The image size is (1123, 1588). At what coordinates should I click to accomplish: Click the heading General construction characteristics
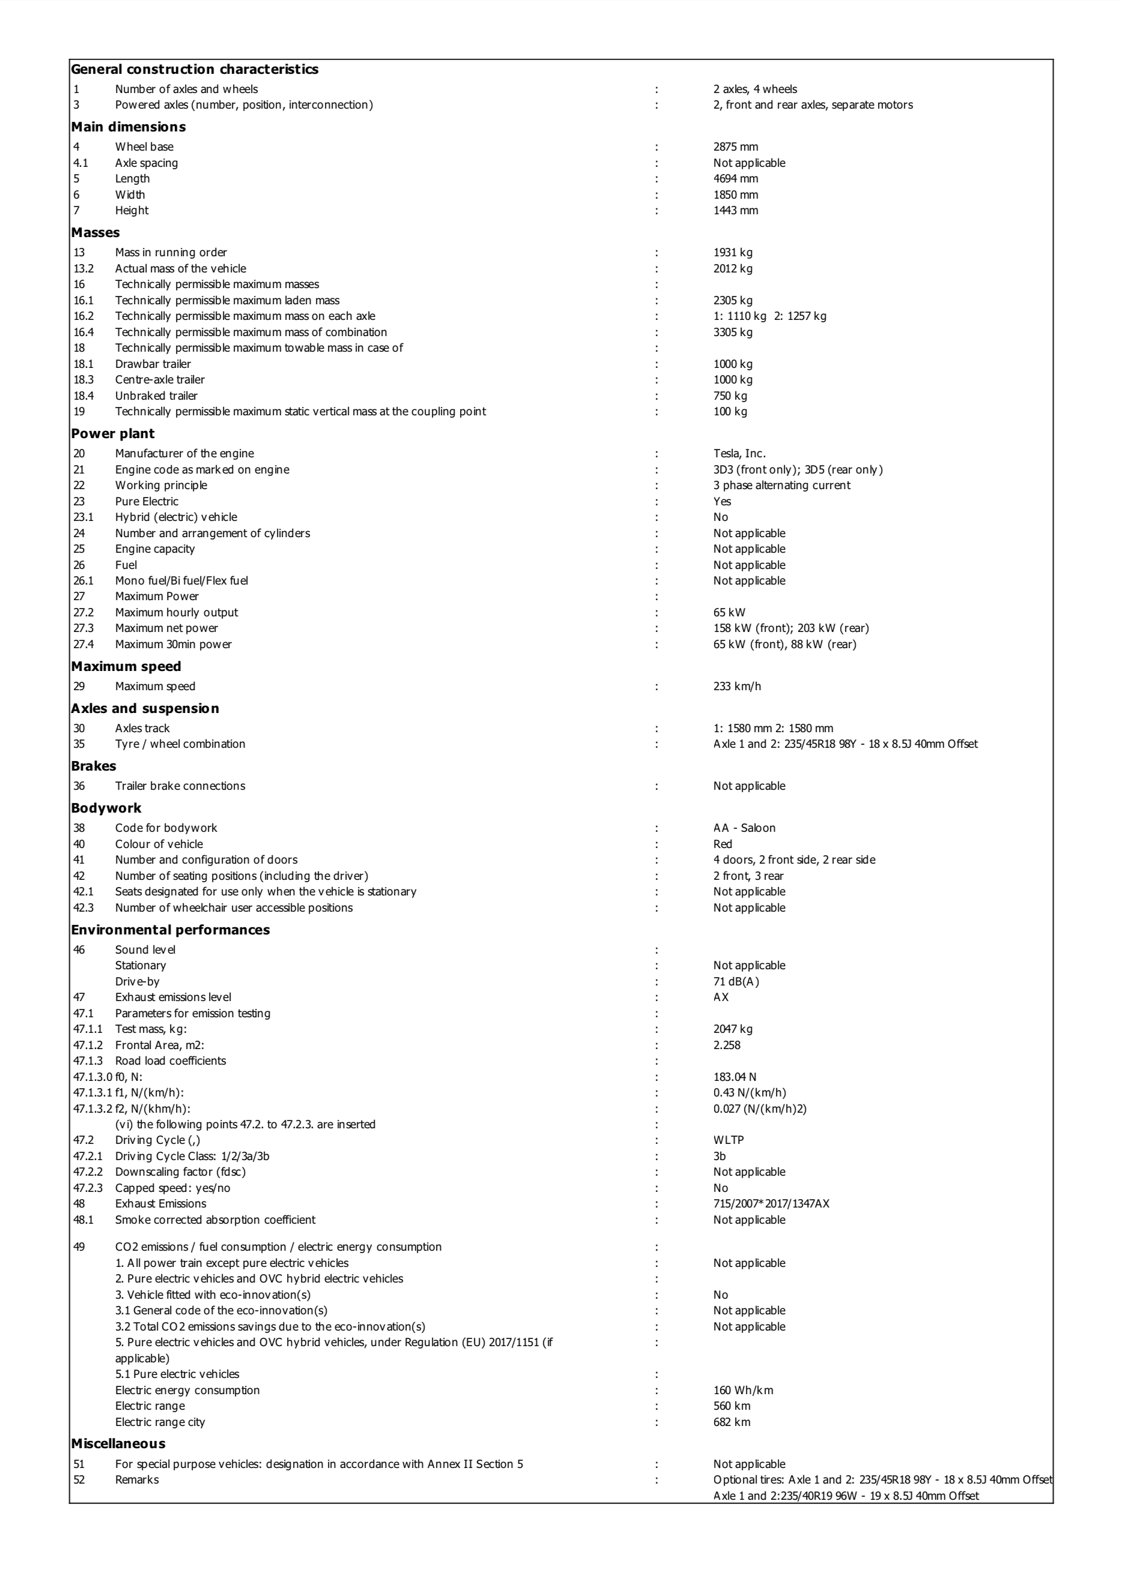(195, 69)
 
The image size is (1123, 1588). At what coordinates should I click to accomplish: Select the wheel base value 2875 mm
(736, 146)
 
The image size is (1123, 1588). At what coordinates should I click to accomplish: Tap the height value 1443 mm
(736, 210)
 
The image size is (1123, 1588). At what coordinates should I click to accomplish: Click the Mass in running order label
(171, 253)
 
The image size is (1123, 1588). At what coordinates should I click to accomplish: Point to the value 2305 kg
(733, 300)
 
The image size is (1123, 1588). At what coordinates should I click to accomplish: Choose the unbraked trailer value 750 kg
(730, 395)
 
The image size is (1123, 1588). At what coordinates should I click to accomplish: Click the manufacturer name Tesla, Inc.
(739, 454)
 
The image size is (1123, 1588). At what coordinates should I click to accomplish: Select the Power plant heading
(113, 434)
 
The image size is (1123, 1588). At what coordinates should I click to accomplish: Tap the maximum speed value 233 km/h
(737, 686)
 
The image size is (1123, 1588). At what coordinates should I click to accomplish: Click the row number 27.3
(83, 628)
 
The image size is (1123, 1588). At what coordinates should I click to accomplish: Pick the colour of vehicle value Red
(722, 844)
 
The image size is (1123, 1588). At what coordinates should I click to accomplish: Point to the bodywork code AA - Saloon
(744, 828)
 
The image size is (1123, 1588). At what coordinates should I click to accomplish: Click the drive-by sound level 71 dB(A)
(736, 981)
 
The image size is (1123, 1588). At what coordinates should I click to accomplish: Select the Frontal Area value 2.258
(727, 1045)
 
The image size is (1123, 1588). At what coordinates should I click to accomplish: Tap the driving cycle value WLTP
(728, 1140)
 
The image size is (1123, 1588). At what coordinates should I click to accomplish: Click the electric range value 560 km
(731, 1406)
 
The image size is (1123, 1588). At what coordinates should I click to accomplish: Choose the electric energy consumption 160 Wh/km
(743, 1389)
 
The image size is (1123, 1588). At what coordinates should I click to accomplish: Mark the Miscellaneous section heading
(118, 1443)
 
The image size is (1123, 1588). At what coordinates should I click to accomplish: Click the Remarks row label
(137, 1479)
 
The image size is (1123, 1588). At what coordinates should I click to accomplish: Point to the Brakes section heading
(94, 766)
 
